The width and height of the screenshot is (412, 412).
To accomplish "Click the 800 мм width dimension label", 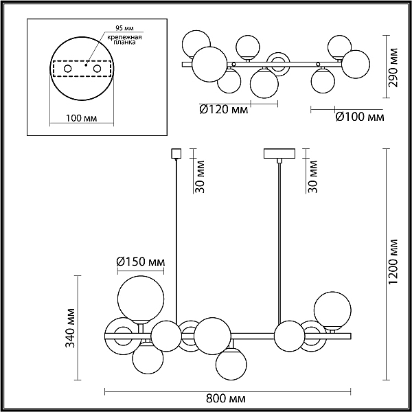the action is [x=226, y=398].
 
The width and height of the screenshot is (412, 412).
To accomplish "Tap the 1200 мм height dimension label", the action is [x=393, y=262].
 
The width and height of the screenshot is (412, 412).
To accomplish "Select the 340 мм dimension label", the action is [x=70, y=328].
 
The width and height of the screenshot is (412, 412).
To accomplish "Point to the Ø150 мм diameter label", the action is [x=141, y=262].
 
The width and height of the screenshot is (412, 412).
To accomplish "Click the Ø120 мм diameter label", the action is [x=224, y=110].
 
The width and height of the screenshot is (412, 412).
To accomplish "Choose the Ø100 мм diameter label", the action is [x=360, y=117].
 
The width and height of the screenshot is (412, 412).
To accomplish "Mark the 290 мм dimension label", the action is [x=393, y=67].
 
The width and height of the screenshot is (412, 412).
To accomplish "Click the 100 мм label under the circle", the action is [x=81, y=118].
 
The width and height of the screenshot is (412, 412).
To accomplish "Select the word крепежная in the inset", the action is [x=124, y=37].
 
